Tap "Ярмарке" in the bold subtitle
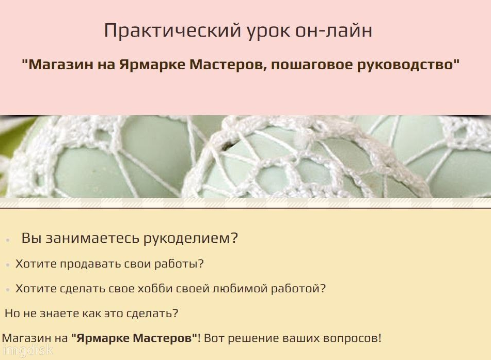coord(152,66)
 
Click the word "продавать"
coord(89,264)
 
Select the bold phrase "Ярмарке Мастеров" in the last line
coord(134,339)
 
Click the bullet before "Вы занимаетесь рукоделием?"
coord(7,240)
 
